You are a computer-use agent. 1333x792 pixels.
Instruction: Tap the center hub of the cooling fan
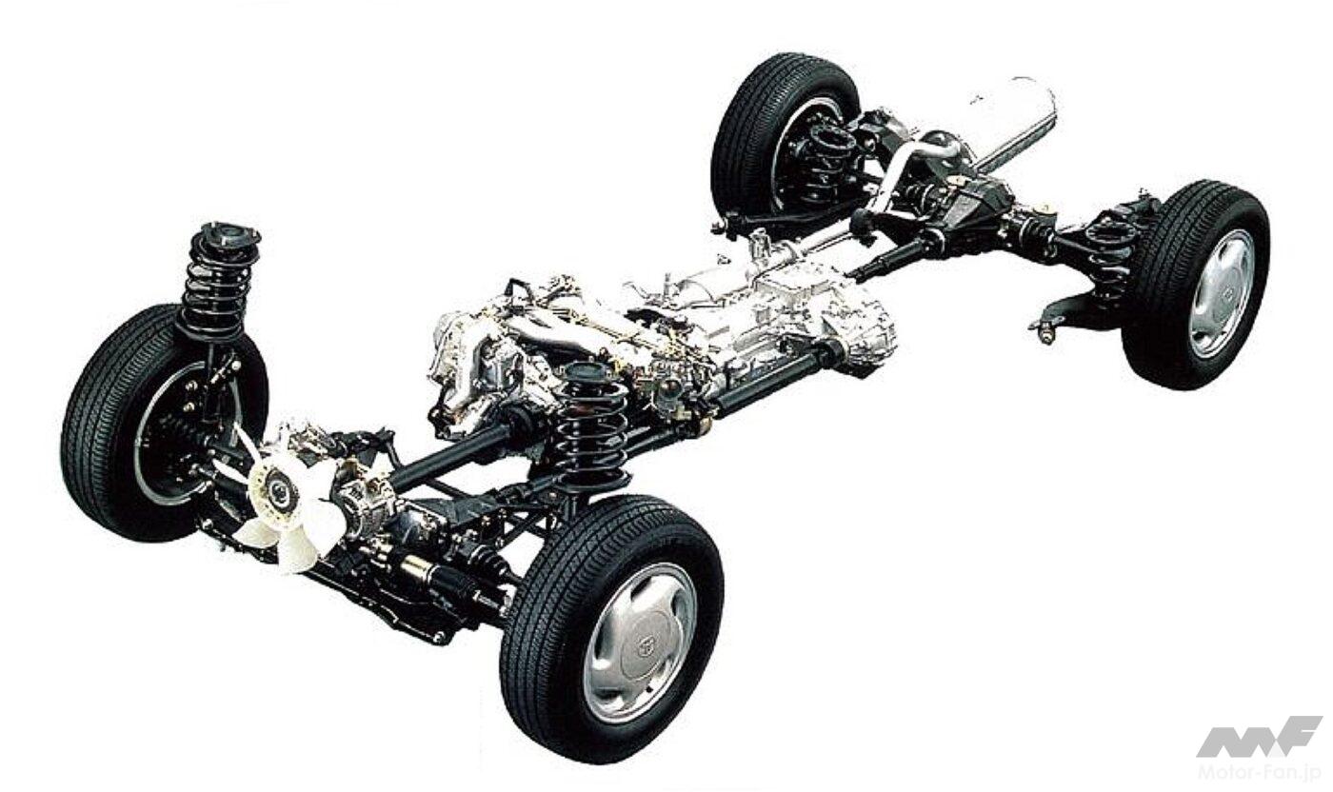(278, 490)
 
